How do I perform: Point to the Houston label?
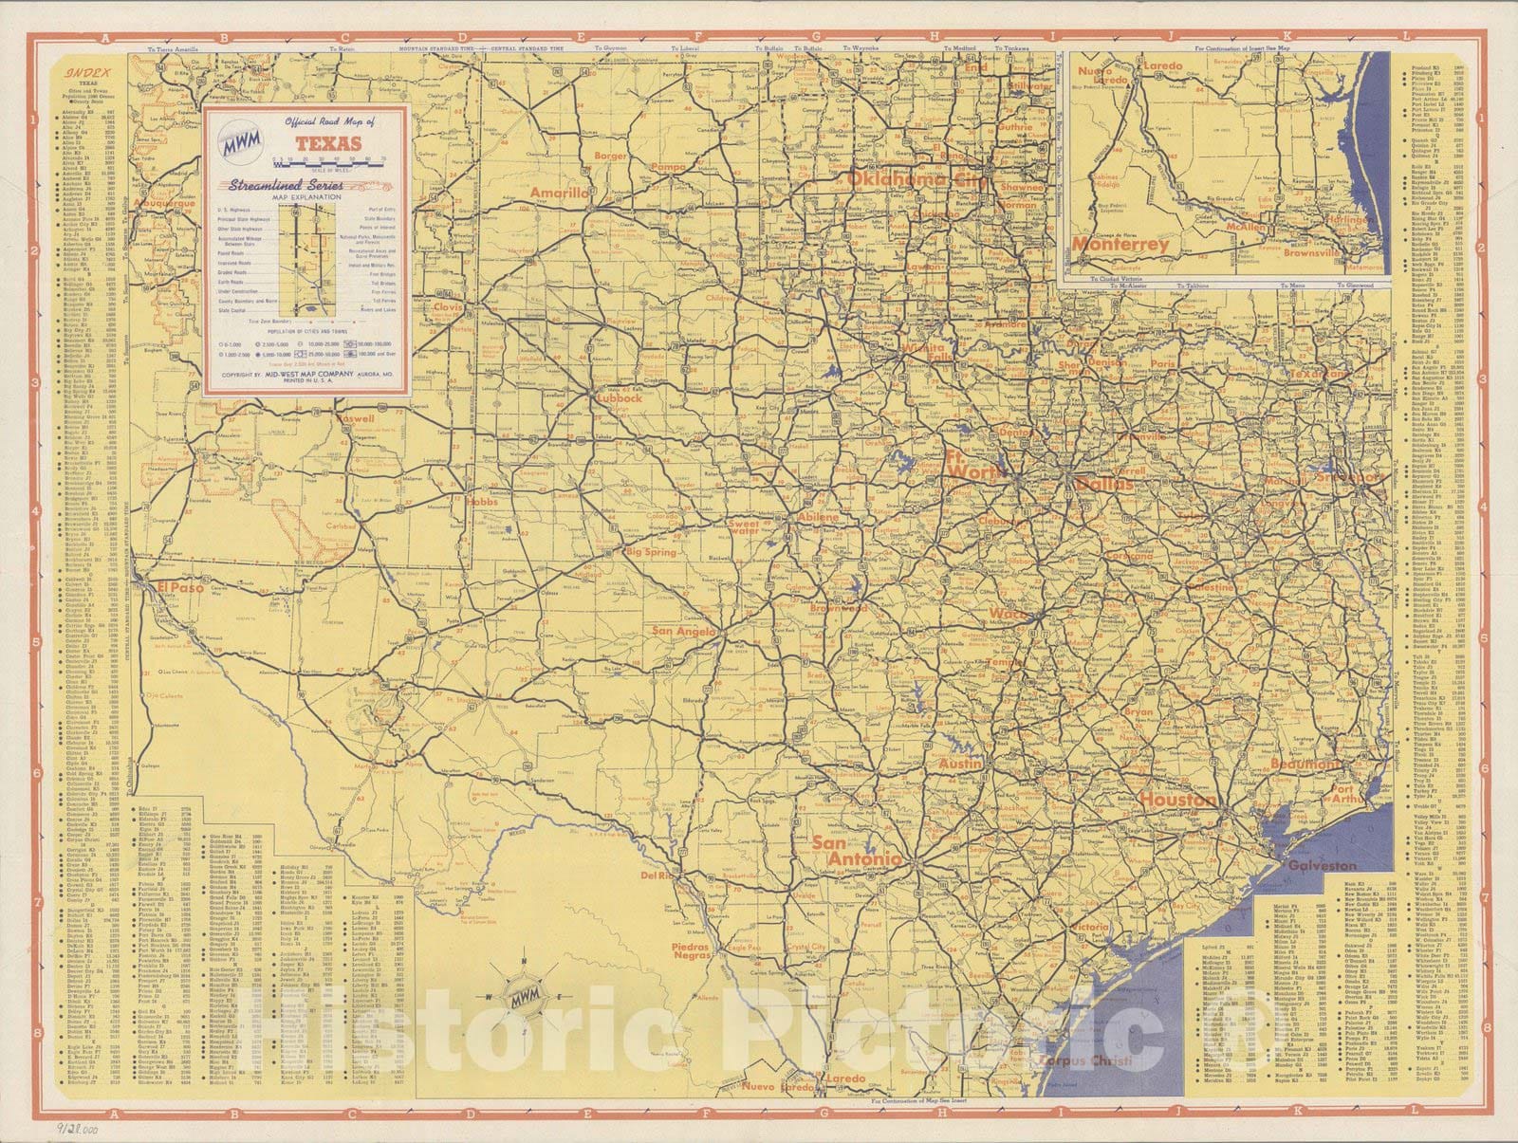pyautogui.click(x=1176, y=800)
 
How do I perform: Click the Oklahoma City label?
pyautogui.click(x=909, y=178)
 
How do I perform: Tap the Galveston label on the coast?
pyautogui.click(x=1322, y=866)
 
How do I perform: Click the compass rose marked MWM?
pyautogui.click(x=523, y=995)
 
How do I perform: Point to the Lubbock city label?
pyautogui.click(x=619, y=398)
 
